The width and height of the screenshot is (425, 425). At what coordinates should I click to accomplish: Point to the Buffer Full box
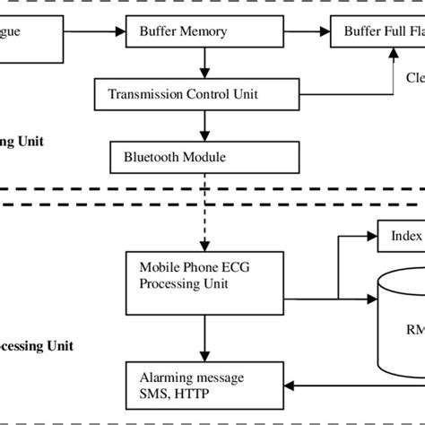(x=377, y=33)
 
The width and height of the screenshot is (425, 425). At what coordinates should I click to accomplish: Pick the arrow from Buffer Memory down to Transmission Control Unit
(x=207, y=64)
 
